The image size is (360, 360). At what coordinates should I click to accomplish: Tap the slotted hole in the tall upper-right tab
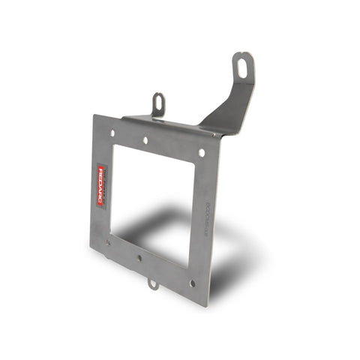(242, 66)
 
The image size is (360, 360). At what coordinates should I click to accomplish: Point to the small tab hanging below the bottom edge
(152, 283)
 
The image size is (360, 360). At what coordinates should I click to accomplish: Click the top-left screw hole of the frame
(112, 133)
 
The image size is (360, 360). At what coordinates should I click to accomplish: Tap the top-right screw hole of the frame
(201, 152)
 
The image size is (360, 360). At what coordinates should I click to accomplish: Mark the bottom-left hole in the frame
(108, 241)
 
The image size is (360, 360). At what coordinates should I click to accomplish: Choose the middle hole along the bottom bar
(139, 258)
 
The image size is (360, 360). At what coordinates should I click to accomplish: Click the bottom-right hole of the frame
(192, 283)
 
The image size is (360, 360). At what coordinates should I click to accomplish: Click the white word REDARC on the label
(103, 182)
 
